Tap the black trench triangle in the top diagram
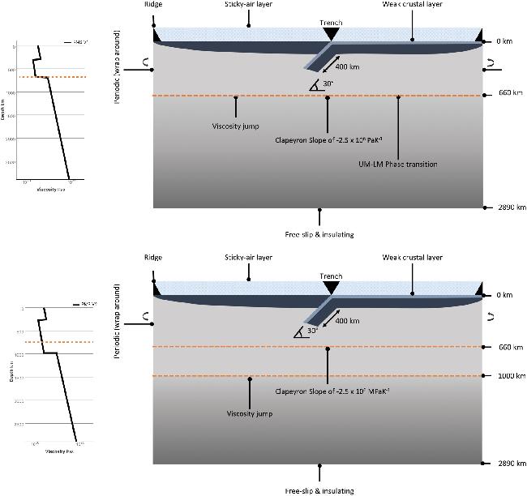(330, 34)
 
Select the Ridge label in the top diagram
(154, 4)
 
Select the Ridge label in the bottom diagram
(152, 258)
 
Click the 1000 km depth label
(503, 376)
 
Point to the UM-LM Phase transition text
(397, 165)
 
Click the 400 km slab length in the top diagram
(347, 66)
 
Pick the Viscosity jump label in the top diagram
(235, 126)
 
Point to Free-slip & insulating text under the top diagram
(320, 234)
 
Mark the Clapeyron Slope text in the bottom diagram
(327, 391)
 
